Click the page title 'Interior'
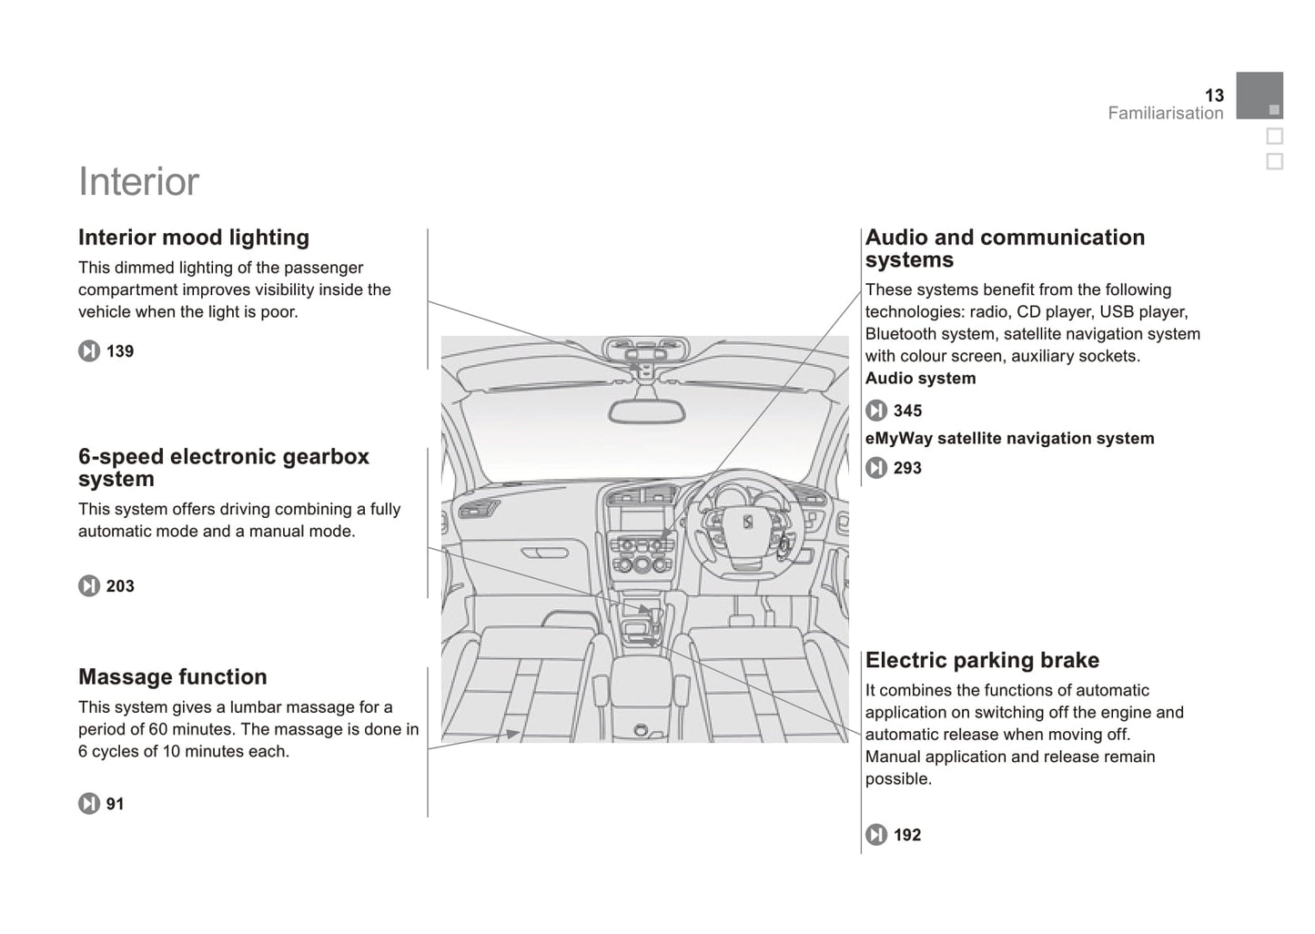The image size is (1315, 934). [138, 182]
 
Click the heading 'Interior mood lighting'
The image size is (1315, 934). [193, 238]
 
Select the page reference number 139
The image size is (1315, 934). [119, 351]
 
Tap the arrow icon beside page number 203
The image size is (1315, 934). [88, 586]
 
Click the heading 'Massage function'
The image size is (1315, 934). [172, 677]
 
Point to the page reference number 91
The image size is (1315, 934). [115, 804]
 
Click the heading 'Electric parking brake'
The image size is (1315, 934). [981, 660]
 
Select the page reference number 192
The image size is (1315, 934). [906, 835]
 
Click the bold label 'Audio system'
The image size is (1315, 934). [920, 379]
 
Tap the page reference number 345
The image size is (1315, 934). [906, 411]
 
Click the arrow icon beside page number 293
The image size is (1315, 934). [875, 468]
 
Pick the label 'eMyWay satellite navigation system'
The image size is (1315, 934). [1008, 439]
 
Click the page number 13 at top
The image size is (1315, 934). [1214, 96]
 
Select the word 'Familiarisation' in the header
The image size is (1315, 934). [1165, 114]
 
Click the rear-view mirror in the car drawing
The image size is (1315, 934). [646, 411]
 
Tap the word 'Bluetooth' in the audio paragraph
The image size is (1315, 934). [901, 334]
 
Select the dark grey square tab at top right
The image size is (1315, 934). [1259, 95]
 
